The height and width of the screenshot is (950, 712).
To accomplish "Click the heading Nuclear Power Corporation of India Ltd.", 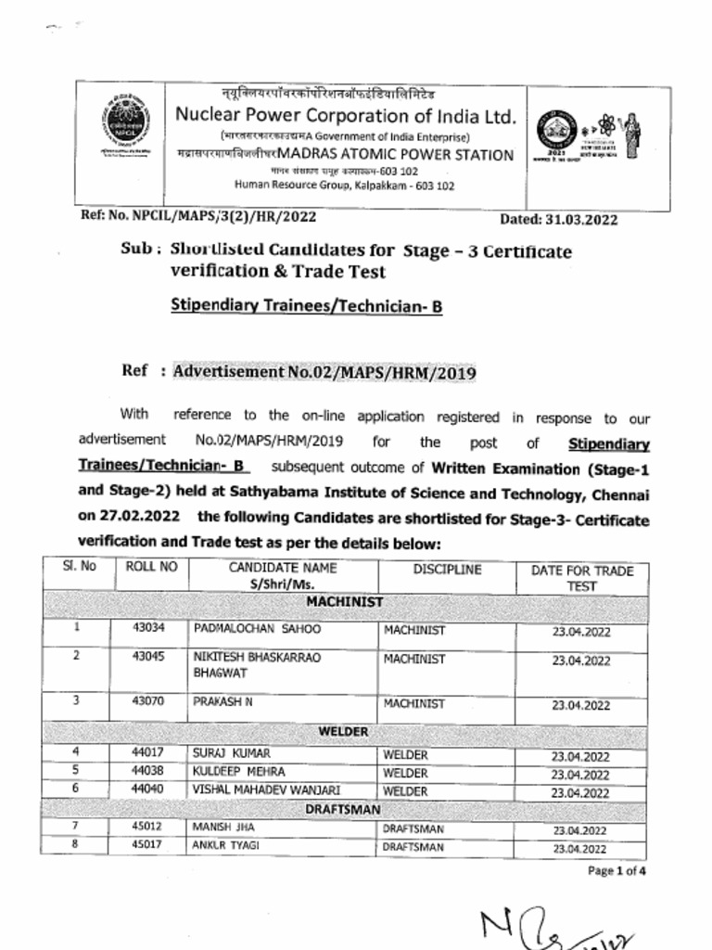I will pos(345,116).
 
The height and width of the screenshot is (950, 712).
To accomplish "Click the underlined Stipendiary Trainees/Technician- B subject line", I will pos(306,305).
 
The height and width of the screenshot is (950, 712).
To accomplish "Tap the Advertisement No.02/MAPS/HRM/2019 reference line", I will pos(324,372).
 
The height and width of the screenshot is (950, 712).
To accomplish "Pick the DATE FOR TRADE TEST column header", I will pos(581,578).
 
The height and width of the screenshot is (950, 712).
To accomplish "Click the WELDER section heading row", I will pos(344,732).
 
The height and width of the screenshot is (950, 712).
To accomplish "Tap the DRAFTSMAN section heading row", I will pos(344,809).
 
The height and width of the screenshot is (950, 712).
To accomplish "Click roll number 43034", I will pos(148,628).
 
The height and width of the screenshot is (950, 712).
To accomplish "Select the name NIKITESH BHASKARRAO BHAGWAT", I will pos(257,664).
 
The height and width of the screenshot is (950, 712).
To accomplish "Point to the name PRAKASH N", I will pos(222,702).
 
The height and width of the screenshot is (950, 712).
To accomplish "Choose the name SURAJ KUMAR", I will pos(231,753).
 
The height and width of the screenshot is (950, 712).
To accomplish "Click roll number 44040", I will pos(148,790).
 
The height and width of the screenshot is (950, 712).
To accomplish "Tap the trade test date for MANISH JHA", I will pos(580,830).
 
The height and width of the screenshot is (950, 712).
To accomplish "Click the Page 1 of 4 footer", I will pos(617,871).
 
